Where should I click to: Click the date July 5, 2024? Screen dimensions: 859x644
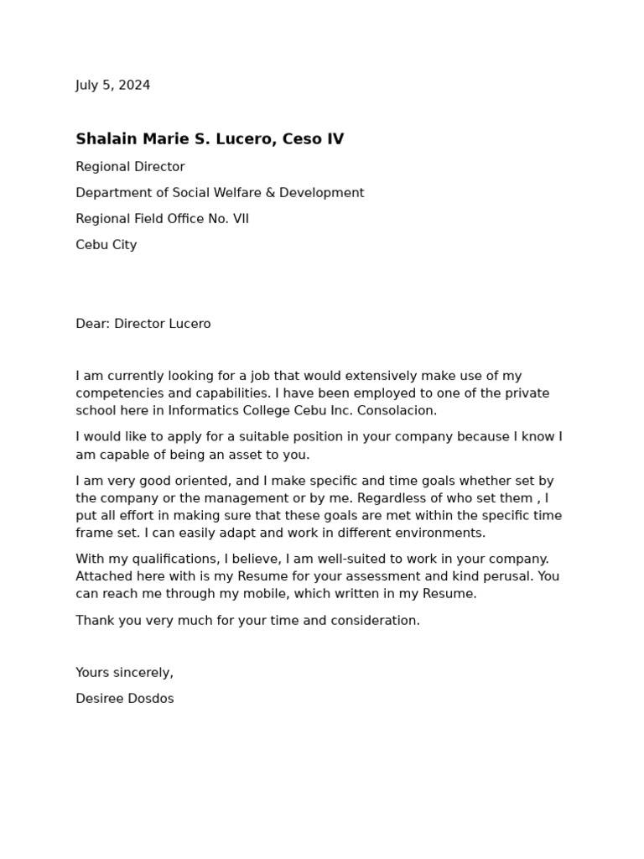click(x=113, y=85)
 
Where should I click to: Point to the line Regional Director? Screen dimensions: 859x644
click(x=130, y=167)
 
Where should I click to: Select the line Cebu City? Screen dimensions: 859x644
click(x=106, y=245)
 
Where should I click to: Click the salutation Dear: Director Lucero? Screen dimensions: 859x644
click(x=143, y=324)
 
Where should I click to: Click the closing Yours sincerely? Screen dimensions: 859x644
click(x=125, y=672)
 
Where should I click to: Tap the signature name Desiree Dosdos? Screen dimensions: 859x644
click(x=125, y=698)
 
